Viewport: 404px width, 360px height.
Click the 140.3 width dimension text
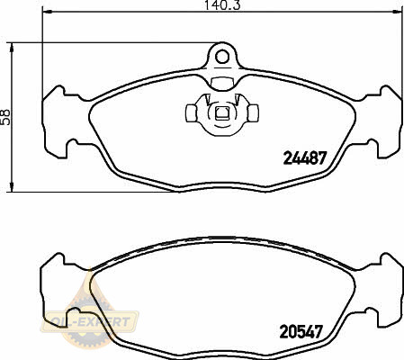click(222, 5)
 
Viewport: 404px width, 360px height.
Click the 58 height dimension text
click(5, 117)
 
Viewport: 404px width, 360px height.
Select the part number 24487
click(304, 157)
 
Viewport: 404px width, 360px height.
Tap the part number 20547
click(301, 331)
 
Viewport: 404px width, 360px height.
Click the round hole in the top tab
click(222, 57)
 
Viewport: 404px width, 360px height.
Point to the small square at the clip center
click(222, 113)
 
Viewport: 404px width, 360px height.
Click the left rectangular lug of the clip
click(192, 113)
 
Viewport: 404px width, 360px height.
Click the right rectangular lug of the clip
click(253, 113)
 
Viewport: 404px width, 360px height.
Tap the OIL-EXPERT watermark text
click(91, 322)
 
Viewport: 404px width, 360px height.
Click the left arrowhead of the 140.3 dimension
click(48, 12)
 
